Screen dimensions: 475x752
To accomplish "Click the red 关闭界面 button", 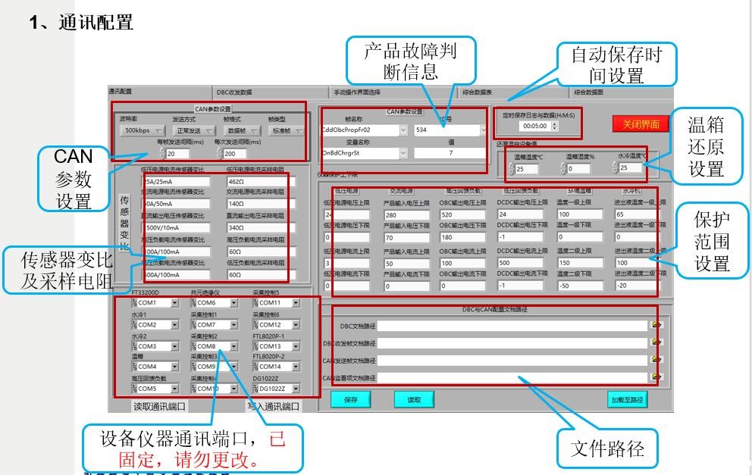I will point(641,123).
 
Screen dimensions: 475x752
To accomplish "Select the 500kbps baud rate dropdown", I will point(142,131).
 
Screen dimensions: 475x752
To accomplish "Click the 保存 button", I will point(350,399).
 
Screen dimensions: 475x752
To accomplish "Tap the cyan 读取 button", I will point(413,399).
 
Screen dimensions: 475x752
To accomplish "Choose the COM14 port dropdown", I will point(277,367).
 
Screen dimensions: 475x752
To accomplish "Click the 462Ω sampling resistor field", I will point(255,182).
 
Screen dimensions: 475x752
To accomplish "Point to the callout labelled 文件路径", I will point(607,448).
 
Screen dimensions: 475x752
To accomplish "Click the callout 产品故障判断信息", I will point(411,61).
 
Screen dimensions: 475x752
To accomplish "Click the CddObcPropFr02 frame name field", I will point(360,130).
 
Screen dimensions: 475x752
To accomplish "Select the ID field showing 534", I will point(447,130).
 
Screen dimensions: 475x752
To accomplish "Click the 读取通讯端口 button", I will point(160,406).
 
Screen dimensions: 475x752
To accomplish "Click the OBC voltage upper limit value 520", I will point(462,215).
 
